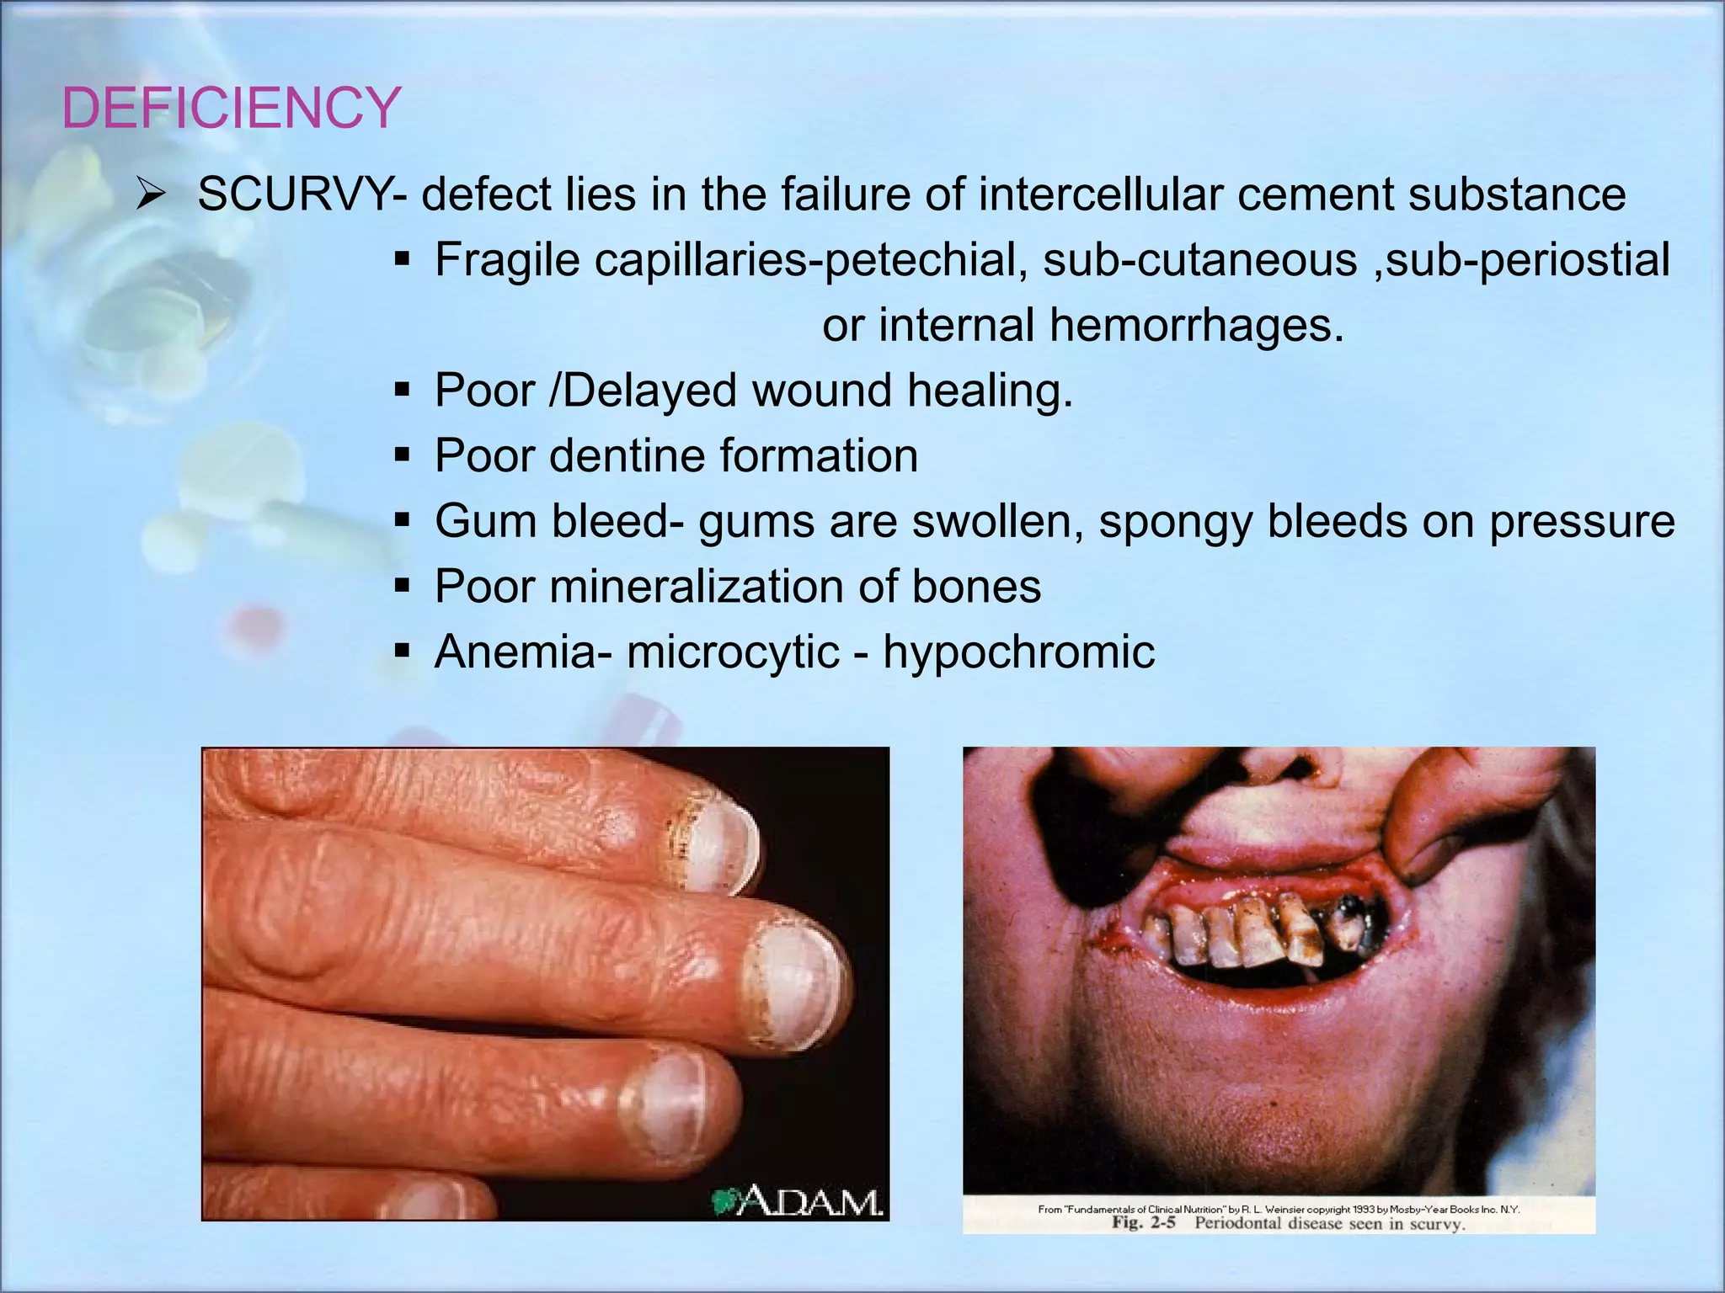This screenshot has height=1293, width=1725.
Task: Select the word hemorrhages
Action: [1196, 325]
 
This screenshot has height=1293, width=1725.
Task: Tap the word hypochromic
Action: [1018, 652]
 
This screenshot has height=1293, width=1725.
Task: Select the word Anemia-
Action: [523, 652]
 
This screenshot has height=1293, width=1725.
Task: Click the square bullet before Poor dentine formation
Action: [402, 456]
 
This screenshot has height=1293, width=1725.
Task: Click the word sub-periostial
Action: [1528, 260]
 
